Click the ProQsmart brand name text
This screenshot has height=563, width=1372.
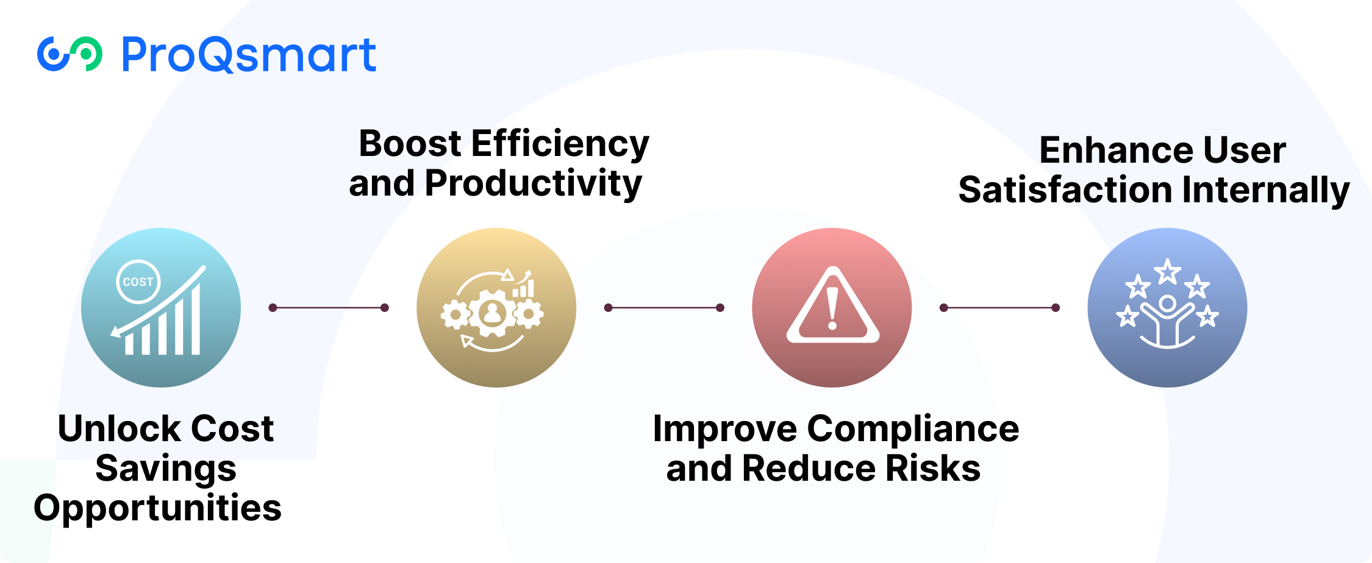point(249,55)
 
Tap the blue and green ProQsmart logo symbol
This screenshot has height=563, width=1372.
point(70,54)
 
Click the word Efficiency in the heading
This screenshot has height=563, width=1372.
point(560,144)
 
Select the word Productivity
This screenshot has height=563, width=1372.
point(533,184)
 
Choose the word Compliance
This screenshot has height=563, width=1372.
point(913,429)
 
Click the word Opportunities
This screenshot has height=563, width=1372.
point(157,508)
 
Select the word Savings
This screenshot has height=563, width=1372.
point(166,469)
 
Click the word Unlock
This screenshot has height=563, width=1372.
point(110,429)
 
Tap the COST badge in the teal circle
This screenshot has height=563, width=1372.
point(138,281)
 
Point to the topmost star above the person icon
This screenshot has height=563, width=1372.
point(1167,271)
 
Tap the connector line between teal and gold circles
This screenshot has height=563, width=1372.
point(329,308)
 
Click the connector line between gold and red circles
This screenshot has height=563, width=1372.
point(664,308)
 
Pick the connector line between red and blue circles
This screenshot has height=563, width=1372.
point(999,308)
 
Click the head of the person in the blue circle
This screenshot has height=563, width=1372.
point(1167,303)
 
